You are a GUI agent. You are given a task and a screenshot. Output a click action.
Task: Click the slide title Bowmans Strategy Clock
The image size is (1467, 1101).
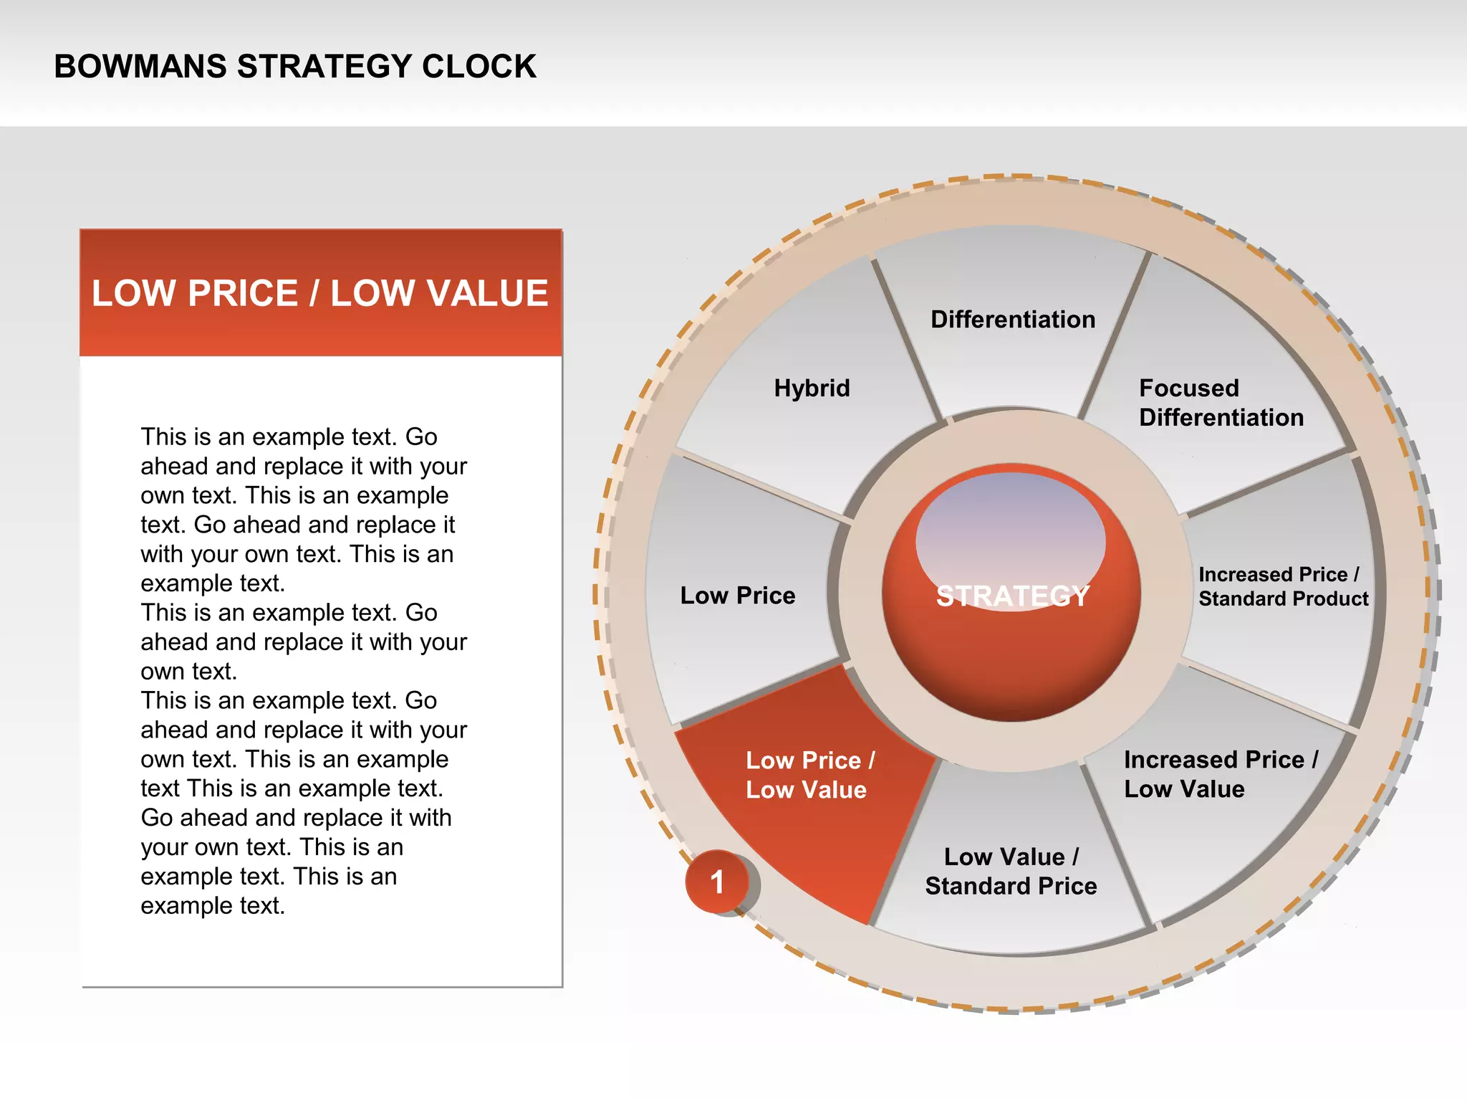point(294,67)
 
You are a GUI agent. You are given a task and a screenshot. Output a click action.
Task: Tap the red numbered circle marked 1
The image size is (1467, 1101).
point(717,882)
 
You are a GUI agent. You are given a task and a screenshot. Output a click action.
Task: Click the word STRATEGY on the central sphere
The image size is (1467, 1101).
point(1012,596)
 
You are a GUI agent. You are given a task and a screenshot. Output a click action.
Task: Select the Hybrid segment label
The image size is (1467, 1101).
point(812,389)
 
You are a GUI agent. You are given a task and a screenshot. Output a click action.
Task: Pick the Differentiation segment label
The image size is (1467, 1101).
point(1013,320)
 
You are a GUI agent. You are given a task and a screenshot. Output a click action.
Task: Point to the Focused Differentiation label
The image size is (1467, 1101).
point(1221,403)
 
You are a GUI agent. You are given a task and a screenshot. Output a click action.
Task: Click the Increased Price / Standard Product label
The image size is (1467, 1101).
point(1283,586)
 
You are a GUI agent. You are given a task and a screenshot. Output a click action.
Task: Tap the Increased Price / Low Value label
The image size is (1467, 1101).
point(1221,774)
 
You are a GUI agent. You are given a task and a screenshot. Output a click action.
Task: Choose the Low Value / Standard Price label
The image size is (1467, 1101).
point(1011,872)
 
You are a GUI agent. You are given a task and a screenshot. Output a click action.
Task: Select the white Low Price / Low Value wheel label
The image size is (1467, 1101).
point(809,775)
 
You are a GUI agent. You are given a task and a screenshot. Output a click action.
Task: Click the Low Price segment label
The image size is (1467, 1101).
point(737,596)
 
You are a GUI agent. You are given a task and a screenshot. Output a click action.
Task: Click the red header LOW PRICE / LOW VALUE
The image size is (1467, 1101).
point(319,293)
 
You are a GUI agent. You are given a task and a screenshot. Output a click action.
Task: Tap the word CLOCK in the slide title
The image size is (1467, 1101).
point(478,67)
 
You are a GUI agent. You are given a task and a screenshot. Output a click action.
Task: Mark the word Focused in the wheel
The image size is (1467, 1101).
point(1188,389)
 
